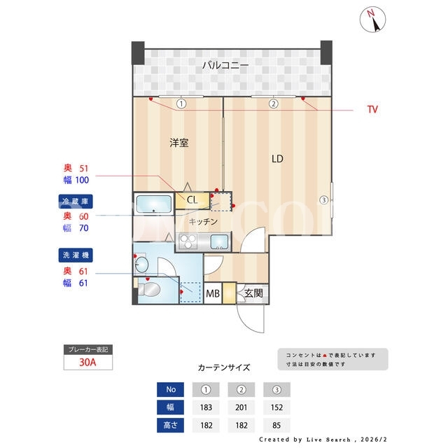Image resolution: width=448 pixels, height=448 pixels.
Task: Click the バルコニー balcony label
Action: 225,65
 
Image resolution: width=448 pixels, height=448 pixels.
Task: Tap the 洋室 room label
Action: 179,143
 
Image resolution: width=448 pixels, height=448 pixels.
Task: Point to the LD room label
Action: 277,159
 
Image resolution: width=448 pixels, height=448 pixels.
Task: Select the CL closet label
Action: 192,199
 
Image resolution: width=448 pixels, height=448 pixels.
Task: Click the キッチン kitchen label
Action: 203,221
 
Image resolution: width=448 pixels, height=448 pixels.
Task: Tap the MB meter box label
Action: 213,293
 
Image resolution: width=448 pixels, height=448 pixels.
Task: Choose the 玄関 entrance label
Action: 253,293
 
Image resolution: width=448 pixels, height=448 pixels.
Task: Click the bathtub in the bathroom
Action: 154,204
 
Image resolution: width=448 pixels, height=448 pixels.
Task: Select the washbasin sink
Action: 141,265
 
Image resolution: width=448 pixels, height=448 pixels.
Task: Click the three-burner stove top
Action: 188,241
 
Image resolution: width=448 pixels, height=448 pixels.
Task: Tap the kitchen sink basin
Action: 219,241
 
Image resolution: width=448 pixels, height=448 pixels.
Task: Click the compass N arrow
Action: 374,21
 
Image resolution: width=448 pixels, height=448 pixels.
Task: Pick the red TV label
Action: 372,109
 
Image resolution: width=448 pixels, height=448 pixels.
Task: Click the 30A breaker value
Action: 87,363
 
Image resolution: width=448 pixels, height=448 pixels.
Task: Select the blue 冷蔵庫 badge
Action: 76,202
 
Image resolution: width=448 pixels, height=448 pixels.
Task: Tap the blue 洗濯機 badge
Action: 76,255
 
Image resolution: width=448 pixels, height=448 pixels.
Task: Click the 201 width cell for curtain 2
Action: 241,407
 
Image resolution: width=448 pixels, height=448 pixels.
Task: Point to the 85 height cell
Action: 276,425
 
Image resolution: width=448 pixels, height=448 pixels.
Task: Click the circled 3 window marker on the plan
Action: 323,199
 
